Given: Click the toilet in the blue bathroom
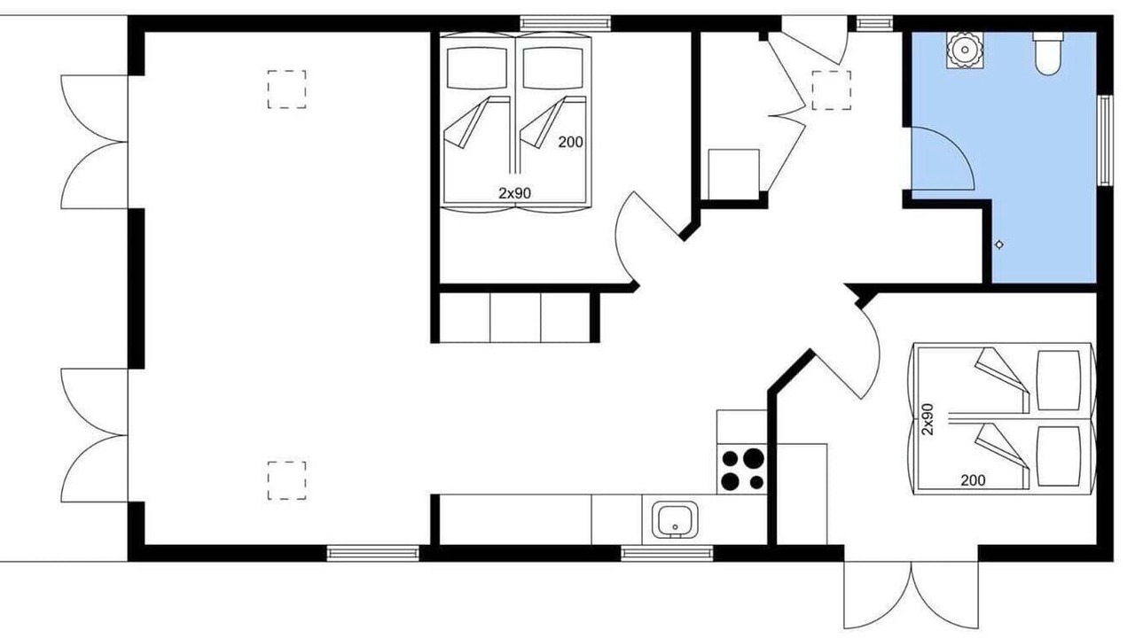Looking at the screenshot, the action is [1048, 53].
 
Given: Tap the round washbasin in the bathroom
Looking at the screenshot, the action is [965, 50].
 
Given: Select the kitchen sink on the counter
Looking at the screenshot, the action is [675, 519].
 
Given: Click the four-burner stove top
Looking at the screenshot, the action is [742, 470].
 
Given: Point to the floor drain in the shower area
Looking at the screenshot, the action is [999, 245].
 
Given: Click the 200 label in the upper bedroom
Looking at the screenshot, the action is [570, 143].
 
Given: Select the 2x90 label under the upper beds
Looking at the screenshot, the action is [515, 193].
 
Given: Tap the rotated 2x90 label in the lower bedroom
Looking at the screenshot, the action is [928, 419].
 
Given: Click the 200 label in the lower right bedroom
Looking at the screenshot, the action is [973, 480].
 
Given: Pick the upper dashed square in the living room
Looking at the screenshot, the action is [286, 89].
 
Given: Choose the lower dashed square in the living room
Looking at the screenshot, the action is [286, 480].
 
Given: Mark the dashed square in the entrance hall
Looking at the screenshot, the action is [832, 90].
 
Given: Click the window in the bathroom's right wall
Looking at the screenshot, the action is [1105, 140].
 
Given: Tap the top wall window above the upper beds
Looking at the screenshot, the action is [566, 23].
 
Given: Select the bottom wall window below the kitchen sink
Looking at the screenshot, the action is [667, 554].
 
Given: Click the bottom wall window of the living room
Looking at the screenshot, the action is [373, 554].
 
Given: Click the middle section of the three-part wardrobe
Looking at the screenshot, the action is [515, 317].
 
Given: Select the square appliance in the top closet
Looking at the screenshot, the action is [733, 175].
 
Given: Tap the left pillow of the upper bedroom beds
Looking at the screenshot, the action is [477, 68].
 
